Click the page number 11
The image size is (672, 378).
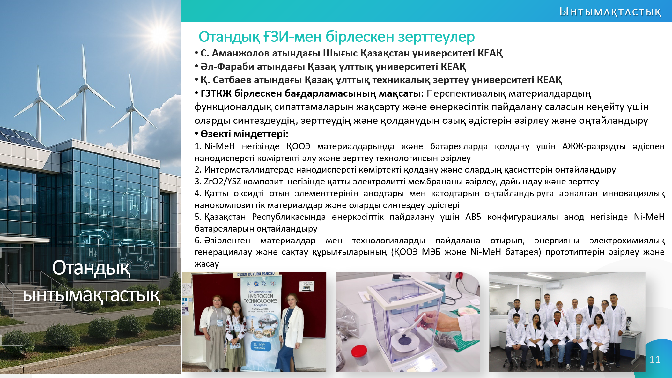click(655, 360)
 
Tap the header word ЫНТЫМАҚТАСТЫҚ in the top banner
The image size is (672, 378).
click(610, 12)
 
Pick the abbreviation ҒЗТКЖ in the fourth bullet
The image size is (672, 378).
click(216, 93)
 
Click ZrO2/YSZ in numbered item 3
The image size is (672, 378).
click(222, 182)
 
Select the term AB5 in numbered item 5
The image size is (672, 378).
click(473, 217)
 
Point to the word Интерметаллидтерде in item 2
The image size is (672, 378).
click(249, 170)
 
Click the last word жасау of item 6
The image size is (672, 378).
click(207, 264)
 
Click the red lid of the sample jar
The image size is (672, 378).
click(359, 352)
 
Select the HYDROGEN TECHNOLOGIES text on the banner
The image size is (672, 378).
click(260, 298)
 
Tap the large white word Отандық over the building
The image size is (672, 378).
click(91, 268)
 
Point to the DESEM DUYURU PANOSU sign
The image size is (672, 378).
click(256, 274)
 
